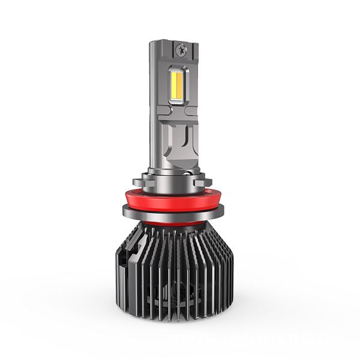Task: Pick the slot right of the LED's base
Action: (191, 111)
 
